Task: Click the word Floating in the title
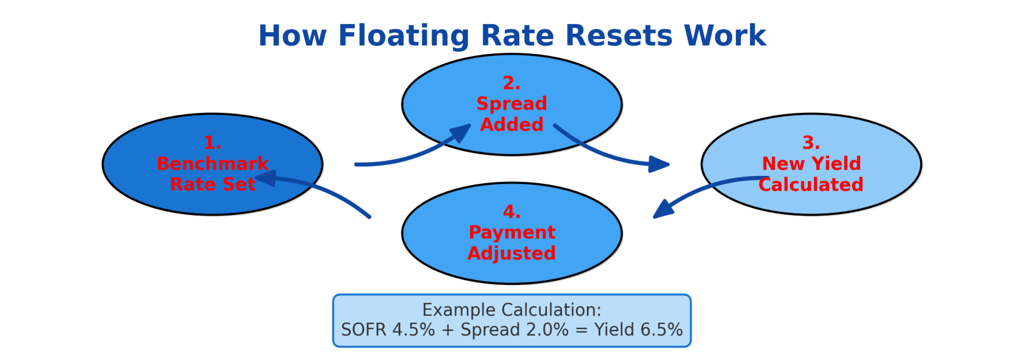[x=403, y=36]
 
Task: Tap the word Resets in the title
[x=619, y=36]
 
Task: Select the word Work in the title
[x=725, y=36]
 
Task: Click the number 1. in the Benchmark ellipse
[x=212, y=143]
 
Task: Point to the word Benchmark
[x=212, y=163]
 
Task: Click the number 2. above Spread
[x=511, y=83]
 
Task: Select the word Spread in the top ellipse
[x=511, y=103]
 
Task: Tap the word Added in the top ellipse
[x=511, y=124]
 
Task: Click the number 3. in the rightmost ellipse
[x=811, y=143]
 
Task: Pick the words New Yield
[x=811, y=163]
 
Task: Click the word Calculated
[x=811, y=184]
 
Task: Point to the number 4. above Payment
[x=511, y=211]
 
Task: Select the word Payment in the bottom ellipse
[x=511, y=232]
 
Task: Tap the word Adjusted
[x=511, y=253]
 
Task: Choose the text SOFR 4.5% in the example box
[x=388, y=330]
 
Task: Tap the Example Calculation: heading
[x=511, y=310]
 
